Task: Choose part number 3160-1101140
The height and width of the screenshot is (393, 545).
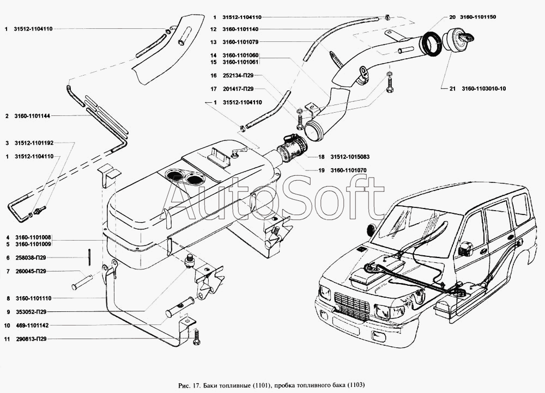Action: tap(241, 29)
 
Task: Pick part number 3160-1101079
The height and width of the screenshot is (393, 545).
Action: tap(241, 42)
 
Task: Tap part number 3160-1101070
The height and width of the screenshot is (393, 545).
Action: tap(349, 170)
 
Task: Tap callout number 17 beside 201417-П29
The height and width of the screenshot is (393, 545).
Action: tap(214, 89)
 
